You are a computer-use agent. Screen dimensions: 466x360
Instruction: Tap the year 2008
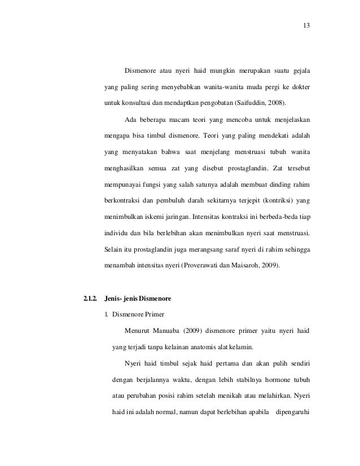click(x=273, y=104)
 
